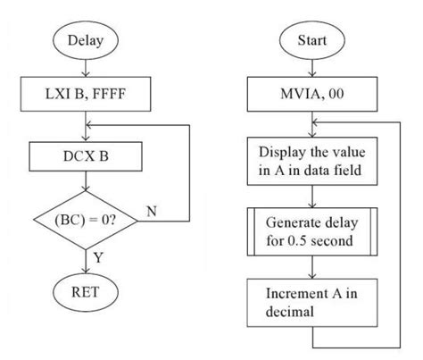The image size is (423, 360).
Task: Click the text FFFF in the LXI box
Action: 116,91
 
